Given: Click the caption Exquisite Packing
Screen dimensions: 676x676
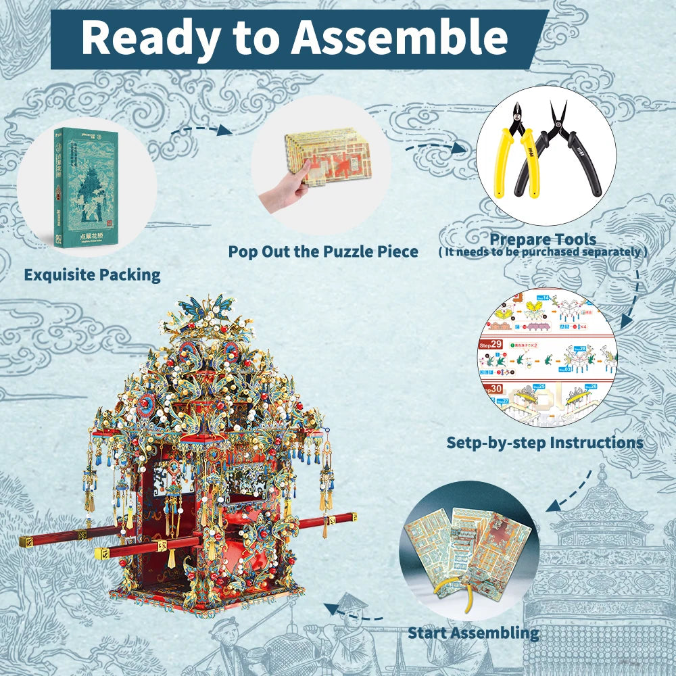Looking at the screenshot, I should (x=92, y=274).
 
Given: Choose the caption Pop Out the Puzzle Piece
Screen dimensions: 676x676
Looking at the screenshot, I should (x=323, y=251).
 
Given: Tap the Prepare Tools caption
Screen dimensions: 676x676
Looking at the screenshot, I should (x=543, y=239).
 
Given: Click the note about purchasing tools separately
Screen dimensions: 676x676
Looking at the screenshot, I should (x=543, y=252).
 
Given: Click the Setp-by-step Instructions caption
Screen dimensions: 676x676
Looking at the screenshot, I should (x=545, y=443).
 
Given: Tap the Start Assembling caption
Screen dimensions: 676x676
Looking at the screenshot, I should (x=473, y=633).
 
